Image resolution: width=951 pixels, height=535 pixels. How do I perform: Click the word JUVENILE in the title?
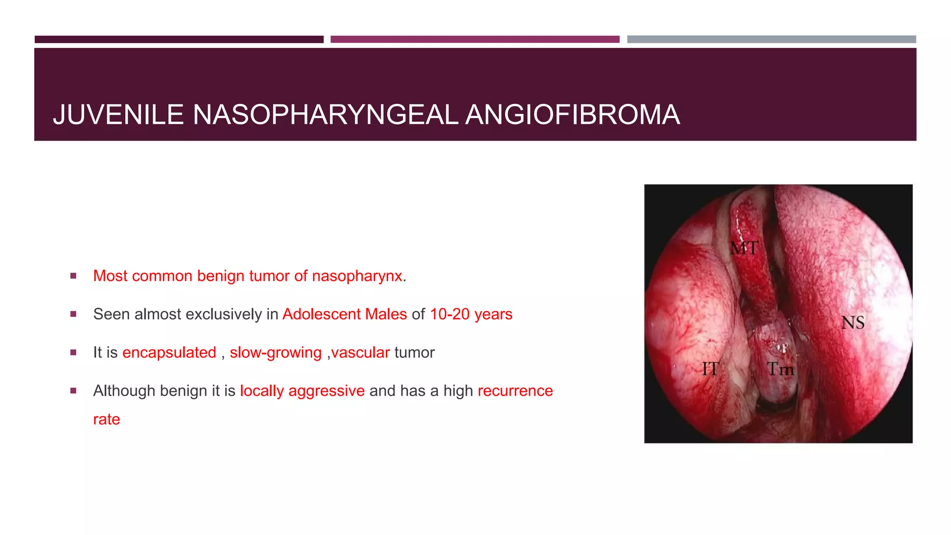118,115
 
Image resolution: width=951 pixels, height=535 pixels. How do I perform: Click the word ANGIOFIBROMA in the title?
572,115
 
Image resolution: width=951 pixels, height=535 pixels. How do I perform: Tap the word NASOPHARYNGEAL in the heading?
326,115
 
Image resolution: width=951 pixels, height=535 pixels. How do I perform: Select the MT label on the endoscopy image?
744,248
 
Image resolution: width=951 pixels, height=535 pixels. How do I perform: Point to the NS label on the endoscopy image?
853,323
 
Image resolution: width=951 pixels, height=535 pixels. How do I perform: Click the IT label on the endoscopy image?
710,369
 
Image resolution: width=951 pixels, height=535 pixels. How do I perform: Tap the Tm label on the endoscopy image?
780,370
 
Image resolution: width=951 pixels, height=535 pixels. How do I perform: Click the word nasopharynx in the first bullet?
357,276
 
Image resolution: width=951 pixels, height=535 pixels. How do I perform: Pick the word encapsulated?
169,352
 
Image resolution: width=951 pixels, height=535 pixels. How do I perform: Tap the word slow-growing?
275,352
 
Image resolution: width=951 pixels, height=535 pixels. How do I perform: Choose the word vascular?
360,352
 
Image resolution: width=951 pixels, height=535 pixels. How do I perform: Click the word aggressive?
326,391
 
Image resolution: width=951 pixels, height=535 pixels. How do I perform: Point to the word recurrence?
515,391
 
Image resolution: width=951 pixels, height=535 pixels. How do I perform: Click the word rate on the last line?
106,419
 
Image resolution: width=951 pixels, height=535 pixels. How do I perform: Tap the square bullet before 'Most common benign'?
73,276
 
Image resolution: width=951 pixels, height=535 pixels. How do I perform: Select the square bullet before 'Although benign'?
73,391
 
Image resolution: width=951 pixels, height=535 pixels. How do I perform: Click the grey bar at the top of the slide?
771,39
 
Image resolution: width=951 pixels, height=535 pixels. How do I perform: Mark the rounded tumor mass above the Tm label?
773,344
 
